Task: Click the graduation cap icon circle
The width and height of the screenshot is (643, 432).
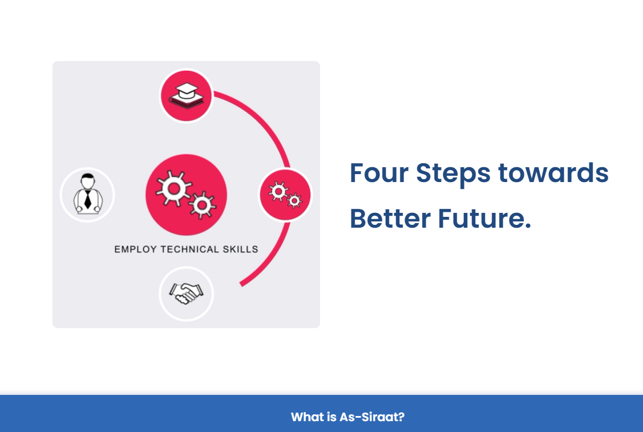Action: [186, 96]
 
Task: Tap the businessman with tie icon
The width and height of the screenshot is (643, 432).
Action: [87, 194]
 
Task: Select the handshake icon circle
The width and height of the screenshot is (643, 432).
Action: [186, 294]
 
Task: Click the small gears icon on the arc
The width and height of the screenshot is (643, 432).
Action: [285, 195]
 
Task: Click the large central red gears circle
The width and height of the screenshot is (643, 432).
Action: [186, 195]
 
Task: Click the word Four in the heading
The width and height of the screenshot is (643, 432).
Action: [379, 173]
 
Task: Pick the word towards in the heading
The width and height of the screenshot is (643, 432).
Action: [553, 173]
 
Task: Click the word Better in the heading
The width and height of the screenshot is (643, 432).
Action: [390, 218]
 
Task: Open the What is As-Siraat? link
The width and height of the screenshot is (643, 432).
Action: [348, 417]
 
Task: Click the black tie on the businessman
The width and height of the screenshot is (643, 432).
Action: [88, 199]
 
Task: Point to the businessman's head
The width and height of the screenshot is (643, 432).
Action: [88, 181]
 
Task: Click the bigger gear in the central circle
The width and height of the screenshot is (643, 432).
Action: [174, 188]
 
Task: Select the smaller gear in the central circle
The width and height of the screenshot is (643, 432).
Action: [202, 205]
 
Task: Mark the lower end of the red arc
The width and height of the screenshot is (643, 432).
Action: [241, 284]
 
